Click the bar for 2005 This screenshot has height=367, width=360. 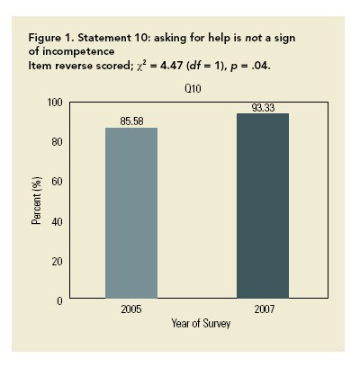tap(131, 213)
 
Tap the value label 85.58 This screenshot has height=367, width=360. tap(132, 120)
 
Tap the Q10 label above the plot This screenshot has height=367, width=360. tap(198, 90)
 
